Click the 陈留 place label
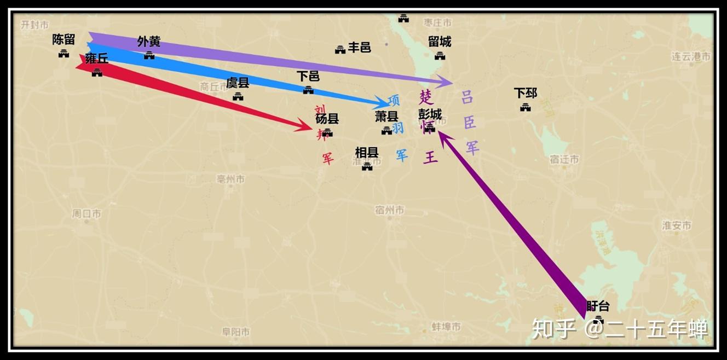[x=64, y=39]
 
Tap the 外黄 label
[x=148, y=42]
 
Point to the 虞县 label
[x=238, y=83]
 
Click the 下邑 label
[x=308, y=76]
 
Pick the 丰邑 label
[x=360, y=48]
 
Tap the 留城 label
[x=440, y=42]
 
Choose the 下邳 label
[x=525, y=93]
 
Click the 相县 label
[x=367, y=152]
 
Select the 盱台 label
[x=598, y=306]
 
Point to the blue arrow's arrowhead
[x=383, y=103]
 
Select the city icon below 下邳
[x=526, y=107]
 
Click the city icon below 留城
[x=440, y=55]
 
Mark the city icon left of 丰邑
[x=340, y=50]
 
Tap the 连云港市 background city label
[x=691, y=56]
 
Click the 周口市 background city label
[x=86, y=214]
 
